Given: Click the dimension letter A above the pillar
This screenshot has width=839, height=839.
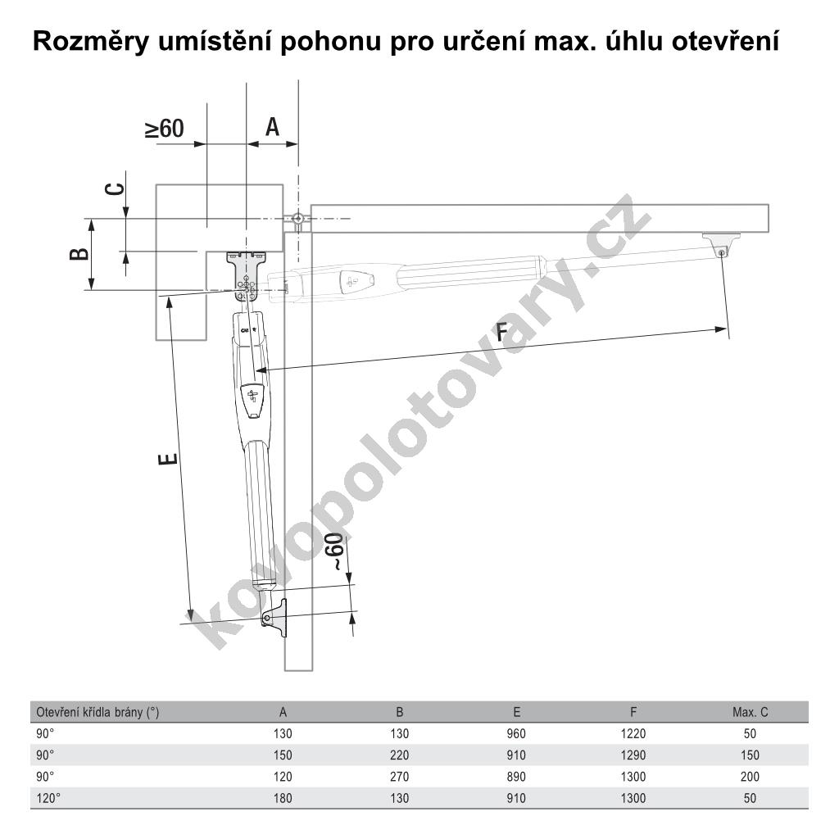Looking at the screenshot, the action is [x=272, y=127].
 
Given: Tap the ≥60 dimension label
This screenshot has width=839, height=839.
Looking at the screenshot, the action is [x=165, y=129].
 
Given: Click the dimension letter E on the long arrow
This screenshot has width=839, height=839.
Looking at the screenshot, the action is [x=168, y=459].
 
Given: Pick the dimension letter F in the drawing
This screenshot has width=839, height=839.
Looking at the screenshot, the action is [x=501, y=333].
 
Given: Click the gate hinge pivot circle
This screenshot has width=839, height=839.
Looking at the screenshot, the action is [x=297, y=219].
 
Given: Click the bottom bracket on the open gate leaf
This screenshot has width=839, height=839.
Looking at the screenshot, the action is [x=275, y=618].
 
